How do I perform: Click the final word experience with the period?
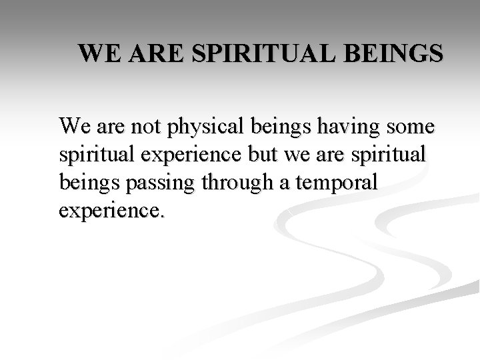(110, 213)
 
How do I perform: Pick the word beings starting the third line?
(83, 183)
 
